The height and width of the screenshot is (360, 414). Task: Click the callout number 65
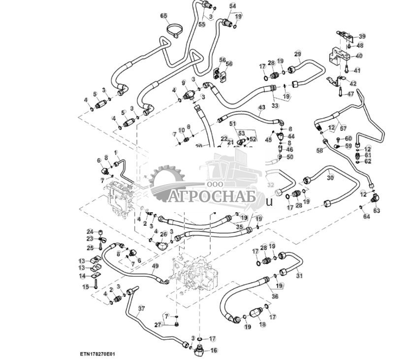[x=164, y=16]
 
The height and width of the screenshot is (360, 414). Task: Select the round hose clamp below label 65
[x=173, y=31]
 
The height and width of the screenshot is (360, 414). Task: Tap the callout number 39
[x=362, y=36]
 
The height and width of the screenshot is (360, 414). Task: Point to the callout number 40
[x=359, y=56]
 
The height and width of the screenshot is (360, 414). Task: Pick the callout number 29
[x=297, y=54]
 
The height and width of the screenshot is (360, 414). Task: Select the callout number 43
[x=261, y=107]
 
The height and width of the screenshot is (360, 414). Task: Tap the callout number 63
[x=377, y=210]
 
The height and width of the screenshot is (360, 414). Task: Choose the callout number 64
[x=366, y=217]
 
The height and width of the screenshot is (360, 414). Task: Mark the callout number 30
[x=330, y=177]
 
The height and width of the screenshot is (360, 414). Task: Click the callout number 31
[x=299, y=276]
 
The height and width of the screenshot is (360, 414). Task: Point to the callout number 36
[x=275, y=296]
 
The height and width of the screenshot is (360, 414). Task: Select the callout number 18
[x=262, y=325]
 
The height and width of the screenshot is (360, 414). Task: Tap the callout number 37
[x=142, y=308]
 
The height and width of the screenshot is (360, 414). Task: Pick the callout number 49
[x=156, y=266]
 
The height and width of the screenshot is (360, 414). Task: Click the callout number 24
[x=90, y=231]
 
